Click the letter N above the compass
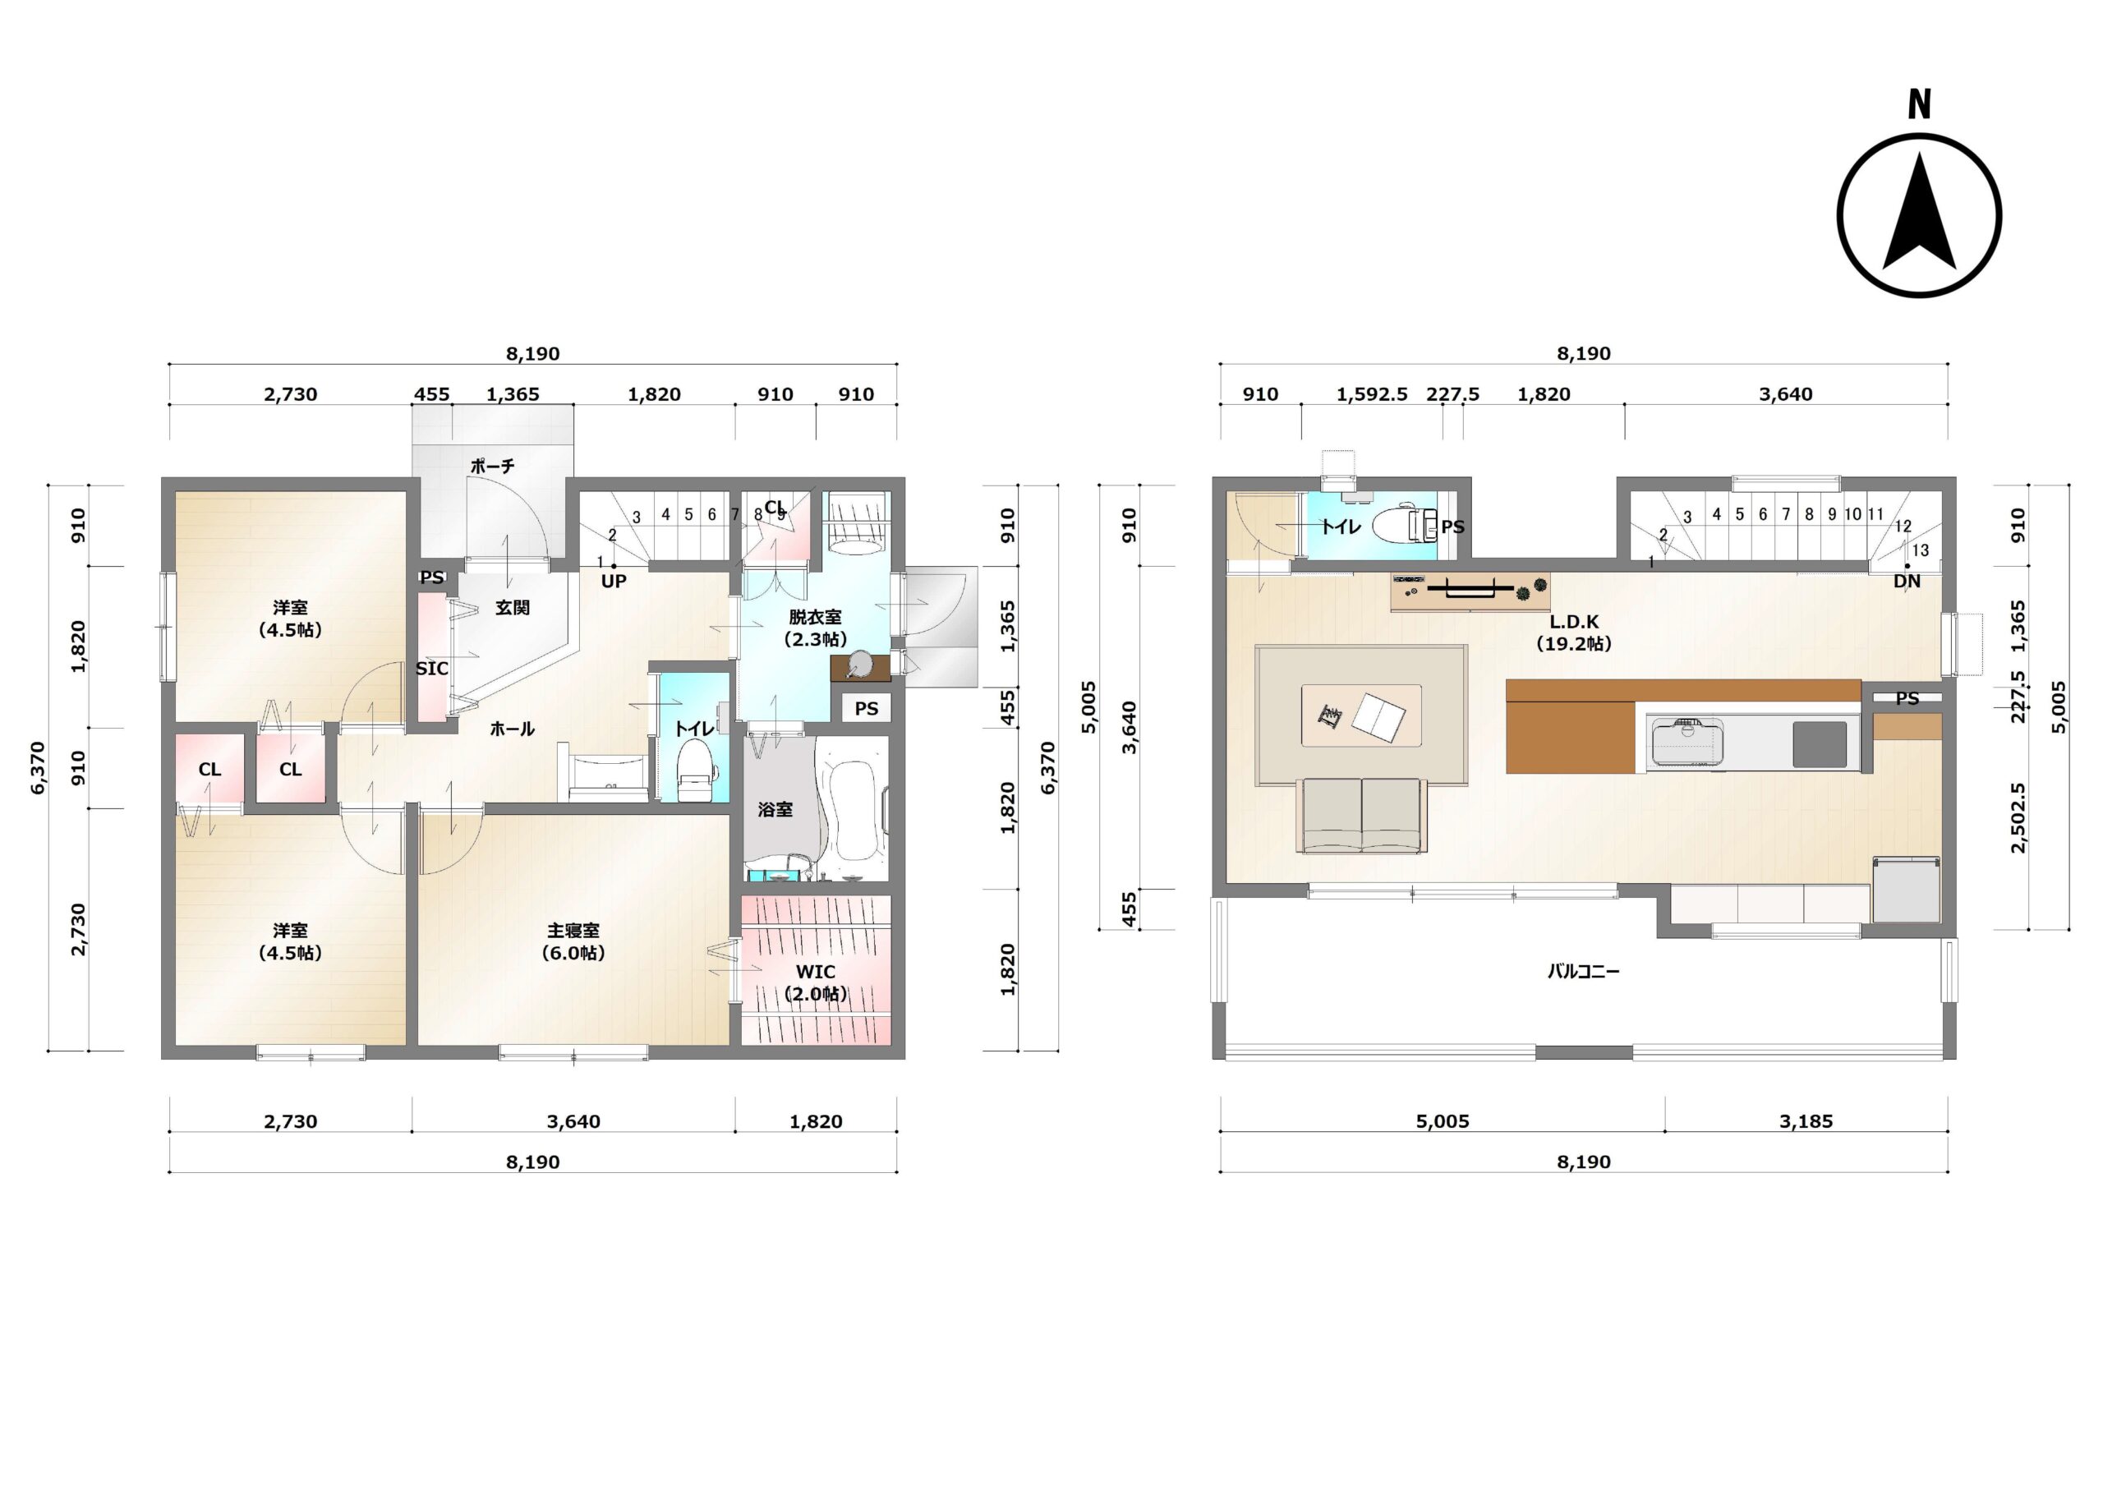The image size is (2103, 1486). pyautogui.click(x=1919, y=104)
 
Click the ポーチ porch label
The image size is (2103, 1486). pyautogui.click(x=493, y=467)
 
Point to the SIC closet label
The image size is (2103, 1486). pyautogui.click(x=431, y=669)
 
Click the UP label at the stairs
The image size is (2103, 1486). pyautogui.click(x=614, y=581)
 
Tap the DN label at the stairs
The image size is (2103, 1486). pyautogui.click(x=1907, y=581)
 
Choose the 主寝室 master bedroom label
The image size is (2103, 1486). pyautogui.click(x=573, y=931)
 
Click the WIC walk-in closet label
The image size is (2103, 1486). pyautogui.click(x=815, y=971)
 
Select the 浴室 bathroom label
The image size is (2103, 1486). pyautogui.click(x=775, y=810)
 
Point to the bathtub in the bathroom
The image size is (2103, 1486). pyautogui.click(x=852, y=800)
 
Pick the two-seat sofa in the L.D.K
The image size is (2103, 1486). pyautogui.click(x=1362, y=816)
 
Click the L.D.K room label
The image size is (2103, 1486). pyautogui.click(x=1574, y=622)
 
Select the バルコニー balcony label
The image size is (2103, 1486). pyautogui.click(x=1584, y=971)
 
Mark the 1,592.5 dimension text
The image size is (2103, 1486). pyautogui.click(x=1372, y=395)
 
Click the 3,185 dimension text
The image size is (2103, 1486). pyautogui.click(x=1806, y=1121)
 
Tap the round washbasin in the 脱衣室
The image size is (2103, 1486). pyautogui.click(x=861, y=663)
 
